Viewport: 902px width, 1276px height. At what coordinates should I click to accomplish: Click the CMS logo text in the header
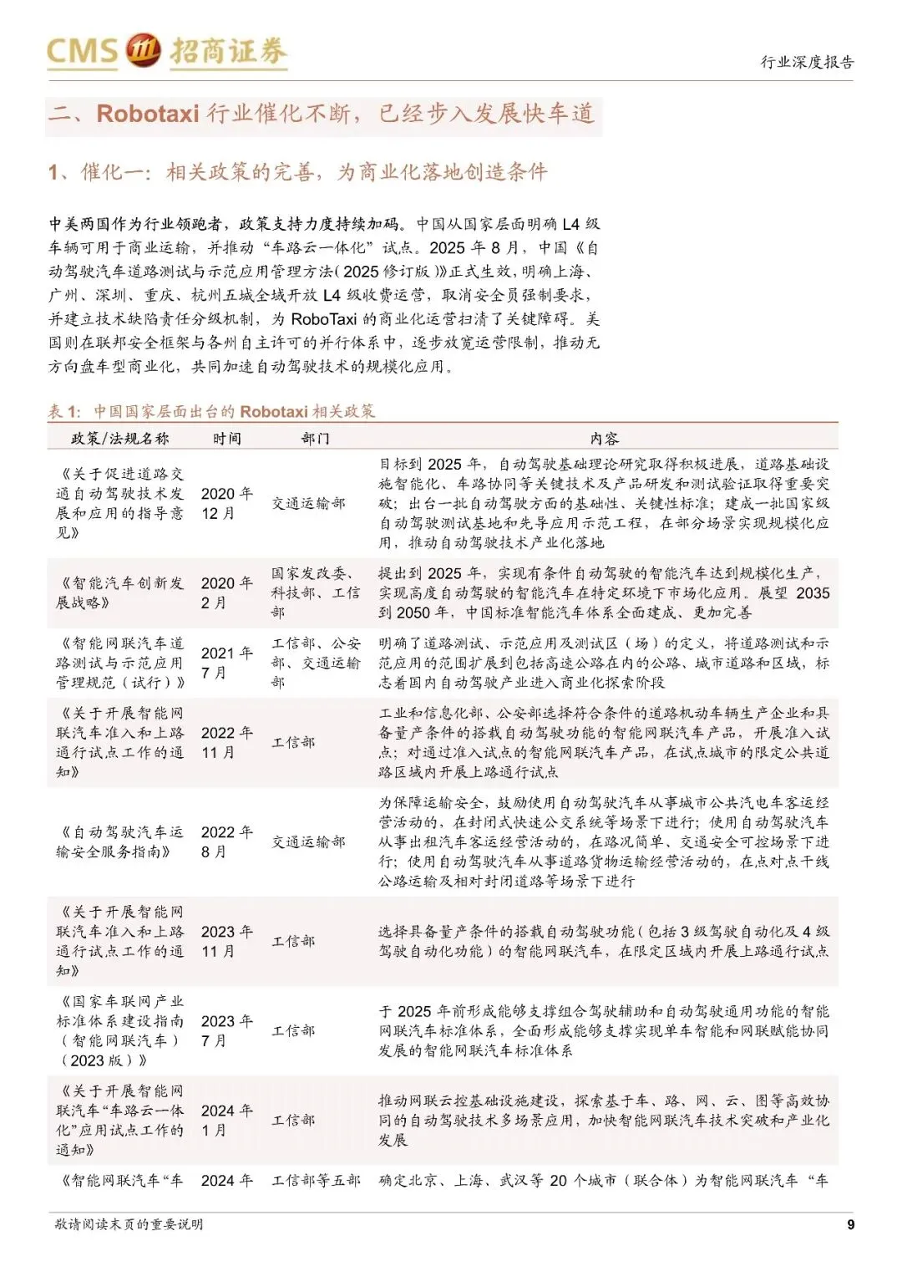pos(82,52)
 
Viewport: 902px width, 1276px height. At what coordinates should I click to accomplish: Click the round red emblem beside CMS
pos(143,51)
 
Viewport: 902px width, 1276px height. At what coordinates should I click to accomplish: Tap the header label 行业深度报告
pos(806,62)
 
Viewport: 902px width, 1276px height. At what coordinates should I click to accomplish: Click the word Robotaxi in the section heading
pos(147,114)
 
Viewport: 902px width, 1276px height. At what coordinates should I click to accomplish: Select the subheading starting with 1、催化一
pos(297,172)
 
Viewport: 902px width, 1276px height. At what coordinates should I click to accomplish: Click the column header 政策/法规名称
pos(119,439)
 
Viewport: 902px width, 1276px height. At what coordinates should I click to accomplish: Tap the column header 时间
pos(226,439)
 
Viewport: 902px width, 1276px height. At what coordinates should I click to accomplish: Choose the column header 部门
pos(315,439)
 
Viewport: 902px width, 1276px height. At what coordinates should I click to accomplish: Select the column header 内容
pos(604,439)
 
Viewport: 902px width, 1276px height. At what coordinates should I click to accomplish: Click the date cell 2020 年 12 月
pos(226,503)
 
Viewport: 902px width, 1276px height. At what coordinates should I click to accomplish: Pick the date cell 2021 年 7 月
pos(226,663)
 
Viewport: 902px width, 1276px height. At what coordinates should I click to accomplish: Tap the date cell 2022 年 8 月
pos(226,841)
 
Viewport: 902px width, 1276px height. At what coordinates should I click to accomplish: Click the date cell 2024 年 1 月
pos(226,1120)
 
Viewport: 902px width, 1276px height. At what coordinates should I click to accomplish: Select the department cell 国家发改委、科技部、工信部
pos(315,592)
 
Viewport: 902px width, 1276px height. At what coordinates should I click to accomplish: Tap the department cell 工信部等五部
pos(315,1181)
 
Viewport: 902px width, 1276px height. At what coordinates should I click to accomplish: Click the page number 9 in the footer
pos(850,1225)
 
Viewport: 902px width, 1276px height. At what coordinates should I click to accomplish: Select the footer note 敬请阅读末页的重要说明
pos(129,1225)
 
